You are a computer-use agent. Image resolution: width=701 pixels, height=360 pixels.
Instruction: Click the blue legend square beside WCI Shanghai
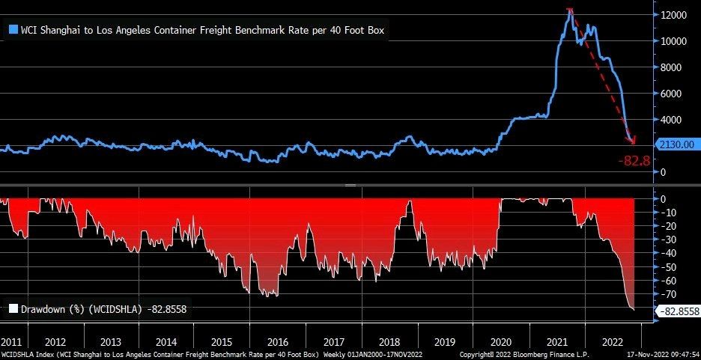[x=13, y=31]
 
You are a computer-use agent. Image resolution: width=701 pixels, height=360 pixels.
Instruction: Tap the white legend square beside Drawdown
[x=13, y=308]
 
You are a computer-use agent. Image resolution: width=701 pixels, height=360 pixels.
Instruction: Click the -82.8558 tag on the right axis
[x=677, y=311]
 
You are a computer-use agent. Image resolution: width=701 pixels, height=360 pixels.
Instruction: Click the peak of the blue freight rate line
[x=571, y=10]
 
